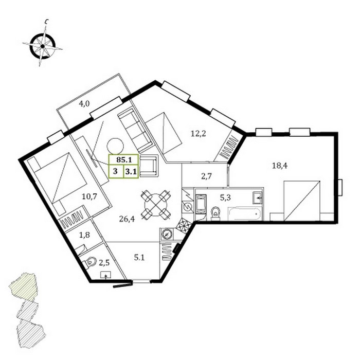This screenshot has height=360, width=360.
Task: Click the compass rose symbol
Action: tap(43, 46)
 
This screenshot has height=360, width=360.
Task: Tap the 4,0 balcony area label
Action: tap(84, 104)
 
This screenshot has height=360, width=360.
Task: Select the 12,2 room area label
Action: tap(199, 133)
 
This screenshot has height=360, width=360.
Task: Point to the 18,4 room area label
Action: tap(279, 166)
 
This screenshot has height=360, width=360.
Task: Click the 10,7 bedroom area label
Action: tap(90, 196)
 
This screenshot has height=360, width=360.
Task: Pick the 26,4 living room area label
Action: tap(127, 219)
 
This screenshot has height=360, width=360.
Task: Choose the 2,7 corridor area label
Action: tap(206, 176)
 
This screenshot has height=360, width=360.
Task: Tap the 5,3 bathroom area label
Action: tap(225, 197)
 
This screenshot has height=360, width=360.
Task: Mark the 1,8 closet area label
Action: tap(84, 235)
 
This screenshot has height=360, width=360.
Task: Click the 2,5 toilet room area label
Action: tap(104, 263)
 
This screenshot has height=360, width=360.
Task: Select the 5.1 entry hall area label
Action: tap(139, 258)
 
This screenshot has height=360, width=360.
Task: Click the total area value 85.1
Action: tap(124, 159)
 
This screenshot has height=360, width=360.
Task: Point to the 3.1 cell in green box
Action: tap(131, 171)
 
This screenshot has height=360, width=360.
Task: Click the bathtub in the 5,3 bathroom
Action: tap(244, 214)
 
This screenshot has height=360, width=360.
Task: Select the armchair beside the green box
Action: tap(149, 166)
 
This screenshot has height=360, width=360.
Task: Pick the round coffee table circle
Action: tap(115, 146)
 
